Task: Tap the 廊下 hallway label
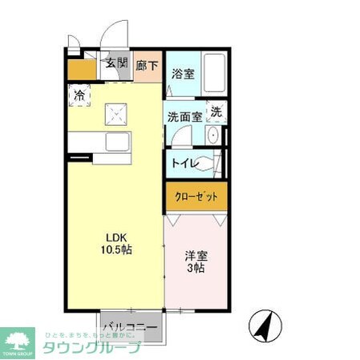146,66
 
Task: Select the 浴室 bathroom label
182,75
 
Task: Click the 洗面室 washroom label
185,115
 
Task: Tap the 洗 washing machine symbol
216,113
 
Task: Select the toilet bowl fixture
210,163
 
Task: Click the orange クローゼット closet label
196,196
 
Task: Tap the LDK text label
116,237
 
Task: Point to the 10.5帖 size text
116,249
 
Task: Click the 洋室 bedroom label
196,257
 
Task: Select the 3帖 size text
196,269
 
